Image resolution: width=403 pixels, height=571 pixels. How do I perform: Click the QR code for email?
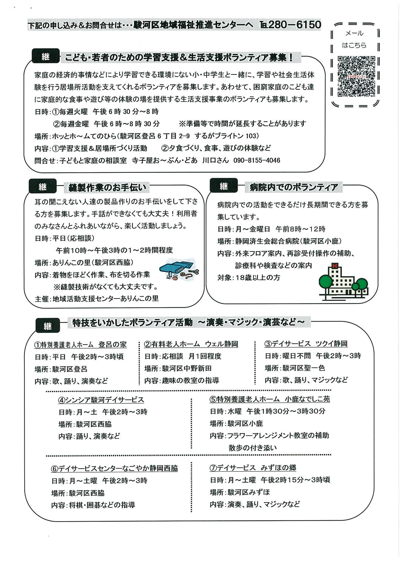click(356, 76)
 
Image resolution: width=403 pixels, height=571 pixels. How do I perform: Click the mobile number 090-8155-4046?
click(257, 160)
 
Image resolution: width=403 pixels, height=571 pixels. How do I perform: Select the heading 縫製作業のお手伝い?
click(107, 187)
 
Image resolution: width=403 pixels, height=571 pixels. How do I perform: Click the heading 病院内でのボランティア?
click(293, 187)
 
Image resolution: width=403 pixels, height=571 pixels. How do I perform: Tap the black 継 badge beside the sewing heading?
click(43, 186)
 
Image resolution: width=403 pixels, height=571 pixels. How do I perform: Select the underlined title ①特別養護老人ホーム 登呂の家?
click(80, 344)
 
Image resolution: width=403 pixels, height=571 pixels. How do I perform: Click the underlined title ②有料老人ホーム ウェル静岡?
click(191, 344)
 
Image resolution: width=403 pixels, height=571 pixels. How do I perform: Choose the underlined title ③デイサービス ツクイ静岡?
click(306, 344)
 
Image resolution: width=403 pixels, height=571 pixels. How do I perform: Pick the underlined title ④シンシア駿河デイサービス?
click(101, 400)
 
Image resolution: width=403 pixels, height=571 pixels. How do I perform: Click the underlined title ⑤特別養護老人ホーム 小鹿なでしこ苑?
click(270, 399)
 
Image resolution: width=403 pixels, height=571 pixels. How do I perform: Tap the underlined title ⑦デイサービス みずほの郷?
click(253, 468)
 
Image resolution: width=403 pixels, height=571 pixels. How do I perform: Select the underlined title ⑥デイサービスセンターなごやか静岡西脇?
click(114, 468)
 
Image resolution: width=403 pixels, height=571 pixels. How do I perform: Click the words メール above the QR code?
click(354, 33)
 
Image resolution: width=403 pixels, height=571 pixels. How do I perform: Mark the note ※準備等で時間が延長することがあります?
click(242, 123)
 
